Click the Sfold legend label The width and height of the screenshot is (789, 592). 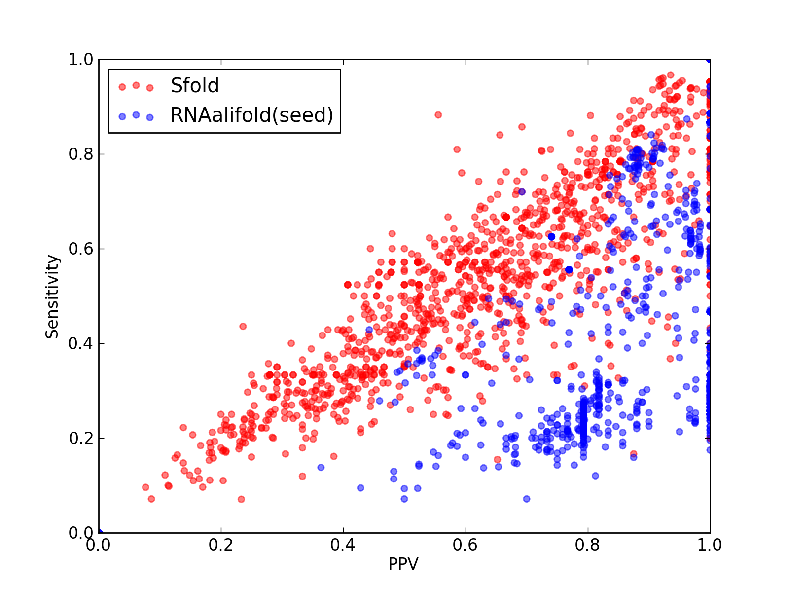click(194, 85)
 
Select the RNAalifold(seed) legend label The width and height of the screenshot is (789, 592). click(252, 115)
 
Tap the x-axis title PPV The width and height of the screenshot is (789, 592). click(403, 563)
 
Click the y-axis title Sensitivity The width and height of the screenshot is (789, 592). click(52, 297)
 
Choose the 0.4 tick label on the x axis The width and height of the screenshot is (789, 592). click(343, 545)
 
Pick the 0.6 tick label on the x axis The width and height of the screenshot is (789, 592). click(465, 545)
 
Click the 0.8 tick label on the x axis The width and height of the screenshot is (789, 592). click(587, 545)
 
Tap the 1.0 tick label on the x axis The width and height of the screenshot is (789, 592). click(710, 545)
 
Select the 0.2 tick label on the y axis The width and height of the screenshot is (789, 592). click(81, 438)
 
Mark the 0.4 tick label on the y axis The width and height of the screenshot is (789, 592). click(81, 344)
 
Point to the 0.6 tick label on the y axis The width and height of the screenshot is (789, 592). click(81, 249)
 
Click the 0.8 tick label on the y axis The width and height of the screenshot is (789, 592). click(81, 154)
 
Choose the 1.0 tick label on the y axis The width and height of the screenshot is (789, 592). click(81, 59)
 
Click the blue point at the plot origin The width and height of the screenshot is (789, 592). click(100, 532)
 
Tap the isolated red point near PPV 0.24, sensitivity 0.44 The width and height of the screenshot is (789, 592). click(243, 327)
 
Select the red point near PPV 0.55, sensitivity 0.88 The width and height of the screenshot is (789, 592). click(438, 115)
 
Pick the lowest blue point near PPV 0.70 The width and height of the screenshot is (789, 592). click(527, 499)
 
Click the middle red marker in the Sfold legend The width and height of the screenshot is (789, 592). click(136, 85)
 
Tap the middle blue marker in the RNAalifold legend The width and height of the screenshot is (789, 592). click(136, 115)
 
